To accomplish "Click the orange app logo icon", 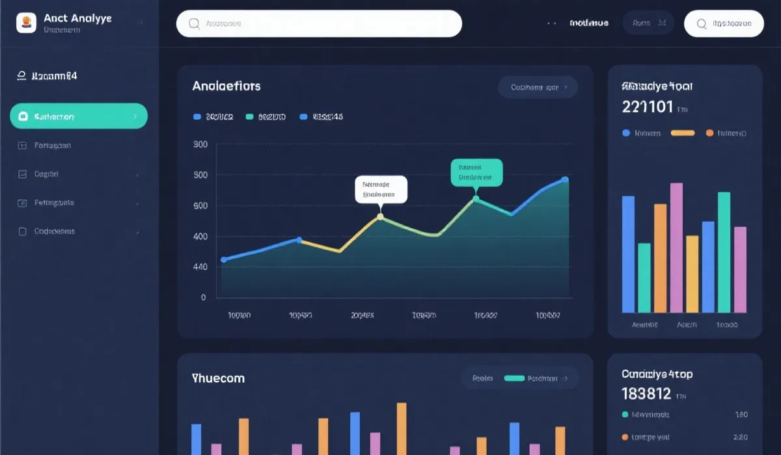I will tap(26, 23).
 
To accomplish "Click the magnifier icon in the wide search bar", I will tap(194, 23).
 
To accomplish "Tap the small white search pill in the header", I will tap(724, 23).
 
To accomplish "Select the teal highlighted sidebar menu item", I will tap(79, 116).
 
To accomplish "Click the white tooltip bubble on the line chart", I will tap(381, 188).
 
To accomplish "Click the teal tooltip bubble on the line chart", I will tap(476, 172).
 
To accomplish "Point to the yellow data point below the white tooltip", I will tap(381, 216).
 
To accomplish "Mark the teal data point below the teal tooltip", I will tap(476, 199).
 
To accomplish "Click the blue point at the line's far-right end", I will tap(565, 180).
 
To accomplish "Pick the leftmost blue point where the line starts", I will tap(224, 259).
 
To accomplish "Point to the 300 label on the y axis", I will tap(200, 144).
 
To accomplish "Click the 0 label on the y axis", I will tap(203, 298).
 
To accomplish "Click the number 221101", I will tap(648, 107).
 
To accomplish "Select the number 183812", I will tap(646, 393).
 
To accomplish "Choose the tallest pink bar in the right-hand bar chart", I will tap(676, 248).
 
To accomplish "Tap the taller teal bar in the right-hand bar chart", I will tap(724, 252).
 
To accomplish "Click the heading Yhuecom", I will tap(218, 378).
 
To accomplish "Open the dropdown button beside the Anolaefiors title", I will tap(538, 87).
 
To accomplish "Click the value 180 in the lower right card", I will tap(741, 415).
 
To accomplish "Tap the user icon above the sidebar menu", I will tap(21, 76).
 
